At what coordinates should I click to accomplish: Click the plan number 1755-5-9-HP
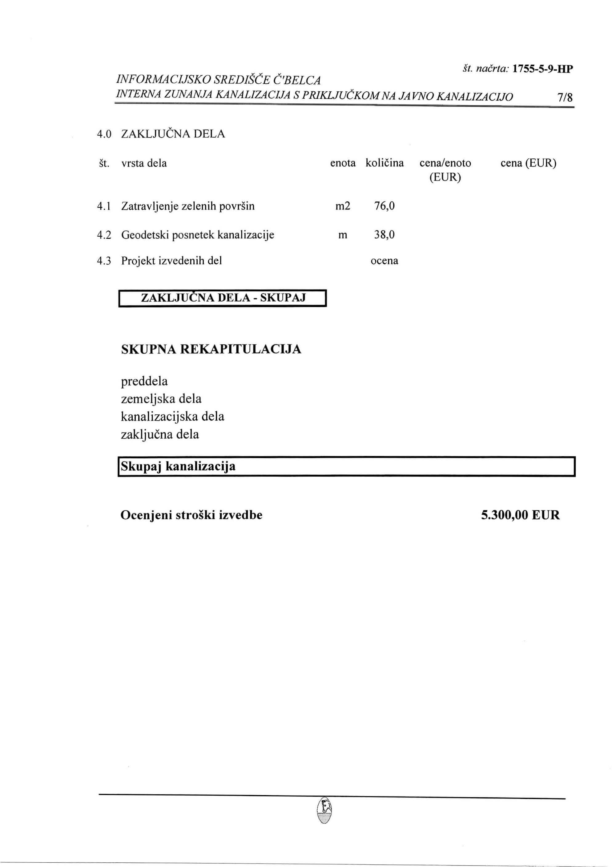[x=542, y=69]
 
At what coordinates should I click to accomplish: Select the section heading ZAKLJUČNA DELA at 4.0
[x=173, y=134]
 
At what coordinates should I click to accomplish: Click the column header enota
[x=343, y=163]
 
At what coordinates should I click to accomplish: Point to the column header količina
[x=384, y=163]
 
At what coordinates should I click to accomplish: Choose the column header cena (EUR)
[x=528, y=163]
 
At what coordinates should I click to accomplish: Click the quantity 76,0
[x=384, y=206]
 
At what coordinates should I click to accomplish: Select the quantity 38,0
[x=384, y=235]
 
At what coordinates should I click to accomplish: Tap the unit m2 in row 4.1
[x=343, y=206]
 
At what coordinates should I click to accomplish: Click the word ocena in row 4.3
[x=384, y=261]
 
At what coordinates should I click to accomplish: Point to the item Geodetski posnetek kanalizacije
[x=197, y=235]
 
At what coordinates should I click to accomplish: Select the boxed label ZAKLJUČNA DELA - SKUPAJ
[x=223, y=298]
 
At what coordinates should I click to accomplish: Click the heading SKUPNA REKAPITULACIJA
[x=211, y=349]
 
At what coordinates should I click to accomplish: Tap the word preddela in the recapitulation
[x=144, y=381]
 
